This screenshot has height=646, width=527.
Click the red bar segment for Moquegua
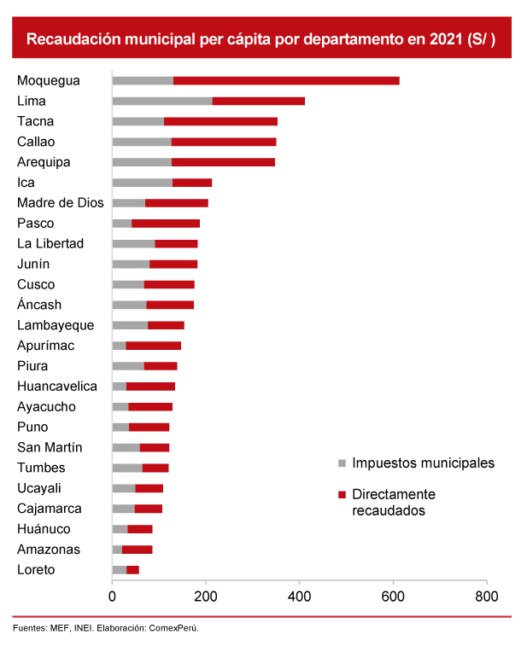[286, 80]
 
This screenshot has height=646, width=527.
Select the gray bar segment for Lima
[162, 101]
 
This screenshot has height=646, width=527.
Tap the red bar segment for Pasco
[166, 224]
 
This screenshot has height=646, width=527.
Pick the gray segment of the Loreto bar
[119, 570]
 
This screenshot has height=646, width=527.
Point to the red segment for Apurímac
[153, 346]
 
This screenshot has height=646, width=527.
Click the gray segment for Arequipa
[142, 162]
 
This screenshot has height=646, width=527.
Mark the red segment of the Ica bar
[192, 183]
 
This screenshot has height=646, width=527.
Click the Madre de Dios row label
[60, 203]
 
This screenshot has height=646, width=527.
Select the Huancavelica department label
[57, 387]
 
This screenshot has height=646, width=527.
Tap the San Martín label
[50, 447]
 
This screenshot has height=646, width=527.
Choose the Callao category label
[36, 142]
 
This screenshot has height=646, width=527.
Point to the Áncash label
[39, 305]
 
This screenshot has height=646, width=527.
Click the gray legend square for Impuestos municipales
[342, 463]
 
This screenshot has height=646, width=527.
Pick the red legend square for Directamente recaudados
[342, 495]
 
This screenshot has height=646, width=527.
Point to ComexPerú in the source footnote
[174, 628]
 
